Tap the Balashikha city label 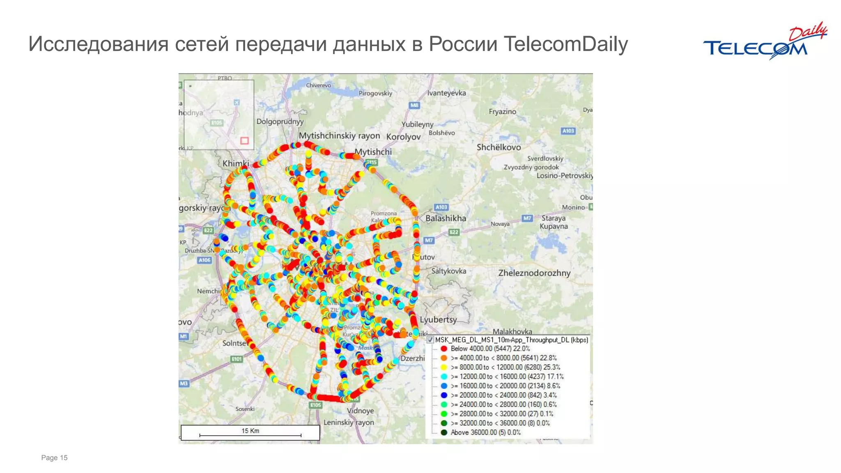(x=446, y=218)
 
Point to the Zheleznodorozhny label (x=534, y=273)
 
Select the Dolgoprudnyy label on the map (x=280, y=122)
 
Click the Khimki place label (x=236, y=163)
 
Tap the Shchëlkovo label (x=499, y=147)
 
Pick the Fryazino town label (x=502, y=112)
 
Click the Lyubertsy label (x=438, y=319)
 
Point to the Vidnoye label (x=360, y=411)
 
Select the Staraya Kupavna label (x=554, y=222)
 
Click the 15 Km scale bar (x=250, y=433)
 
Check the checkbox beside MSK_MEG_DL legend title (x=430, y=340)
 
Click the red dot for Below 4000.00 (x=444, y=349)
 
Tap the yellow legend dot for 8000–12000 (x=444, y=367)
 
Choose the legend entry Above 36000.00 (x=485, y=432)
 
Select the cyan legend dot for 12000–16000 (x=444, y=377)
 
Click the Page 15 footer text (x=54, y=458)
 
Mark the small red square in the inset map (x=244, y=141)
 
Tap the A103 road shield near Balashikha (x=441, y=207)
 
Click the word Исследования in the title (x=98, y=44)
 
